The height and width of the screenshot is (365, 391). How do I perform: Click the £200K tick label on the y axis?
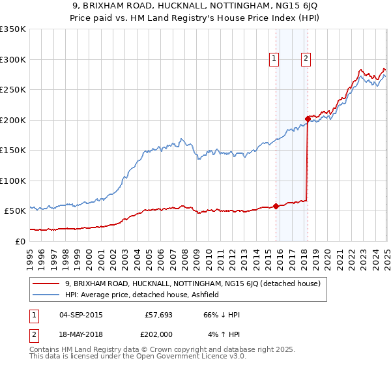coord(12,120)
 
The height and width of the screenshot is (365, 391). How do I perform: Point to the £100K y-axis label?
coord(12,181)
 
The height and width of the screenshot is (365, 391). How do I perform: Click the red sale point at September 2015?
coord(276,206)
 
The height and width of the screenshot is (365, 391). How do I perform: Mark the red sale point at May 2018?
coord(308,119)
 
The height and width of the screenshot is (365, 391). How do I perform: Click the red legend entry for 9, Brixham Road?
coord(192,284)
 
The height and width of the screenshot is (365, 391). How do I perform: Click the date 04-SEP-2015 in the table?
coord(80,315)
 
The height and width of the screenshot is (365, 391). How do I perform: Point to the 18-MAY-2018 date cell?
coord(80,334)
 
